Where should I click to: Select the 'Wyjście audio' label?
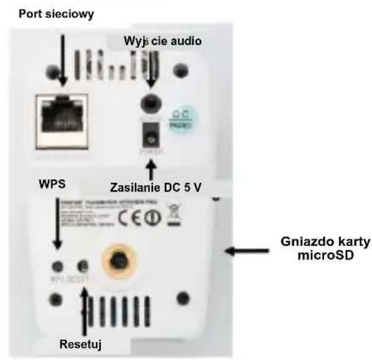click(164, 41)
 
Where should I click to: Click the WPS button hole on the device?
click(57, 266)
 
